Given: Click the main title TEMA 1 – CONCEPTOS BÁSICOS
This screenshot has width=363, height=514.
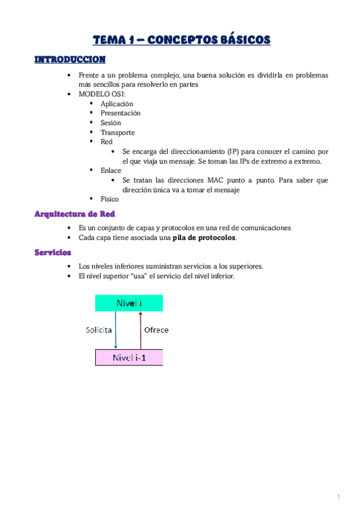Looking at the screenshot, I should tap(181, 41).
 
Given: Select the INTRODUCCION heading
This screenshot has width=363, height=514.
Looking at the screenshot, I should tap(70, 59).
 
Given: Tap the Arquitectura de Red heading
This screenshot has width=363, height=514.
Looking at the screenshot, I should tap(75, 214).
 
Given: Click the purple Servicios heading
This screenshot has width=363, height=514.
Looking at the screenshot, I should tap(53, 252).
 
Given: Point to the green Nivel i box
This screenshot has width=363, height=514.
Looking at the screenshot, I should tap(128, 302).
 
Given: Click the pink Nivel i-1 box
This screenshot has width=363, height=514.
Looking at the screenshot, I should tap(129, 358).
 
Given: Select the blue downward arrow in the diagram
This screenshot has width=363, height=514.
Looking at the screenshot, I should tap(116, 330).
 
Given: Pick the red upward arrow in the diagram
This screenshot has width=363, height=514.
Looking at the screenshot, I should tap(140, 330).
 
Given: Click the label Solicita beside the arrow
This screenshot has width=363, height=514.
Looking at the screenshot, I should tap(98, 330).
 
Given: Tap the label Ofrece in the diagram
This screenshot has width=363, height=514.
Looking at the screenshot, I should tap(156, 330).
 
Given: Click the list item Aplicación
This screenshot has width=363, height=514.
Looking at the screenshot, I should tap(117, 104).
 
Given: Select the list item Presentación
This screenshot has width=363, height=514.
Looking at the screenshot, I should tap(121, 113).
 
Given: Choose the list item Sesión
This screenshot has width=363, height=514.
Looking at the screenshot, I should tap(111, 122).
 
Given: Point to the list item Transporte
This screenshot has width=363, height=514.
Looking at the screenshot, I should tap(118, 132).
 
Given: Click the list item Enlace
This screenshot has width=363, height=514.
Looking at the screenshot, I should tap(111, 170).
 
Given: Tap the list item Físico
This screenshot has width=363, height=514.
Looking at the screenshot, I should tap(110, 199).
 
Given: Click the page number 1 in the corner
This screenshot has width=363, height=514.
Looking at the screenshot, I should tap(339, 497).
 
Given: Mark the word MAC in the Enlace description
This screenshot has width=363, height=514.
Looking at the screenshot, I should tap(218, 180).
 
